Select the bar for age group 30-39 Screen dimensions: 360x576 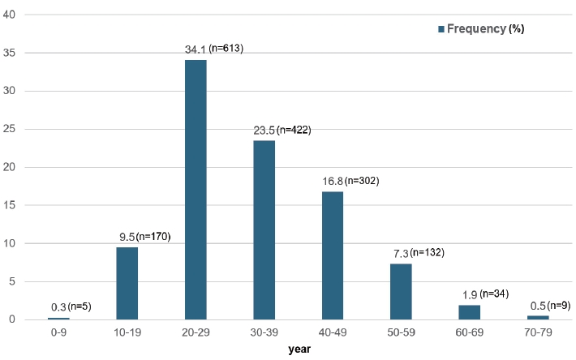(x=264, y=230)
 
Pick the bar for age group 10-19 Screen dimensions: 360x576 (x=127, y=283)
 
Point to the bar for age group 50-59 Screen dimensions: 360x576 (x=401, y=291)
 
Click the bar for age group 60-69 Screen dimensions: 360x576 (x=470, y=312)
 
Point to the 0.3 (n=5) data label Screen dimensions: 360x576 (x=71, y=306)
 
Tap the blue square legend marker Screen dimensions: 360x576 (x=441, y=28)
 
